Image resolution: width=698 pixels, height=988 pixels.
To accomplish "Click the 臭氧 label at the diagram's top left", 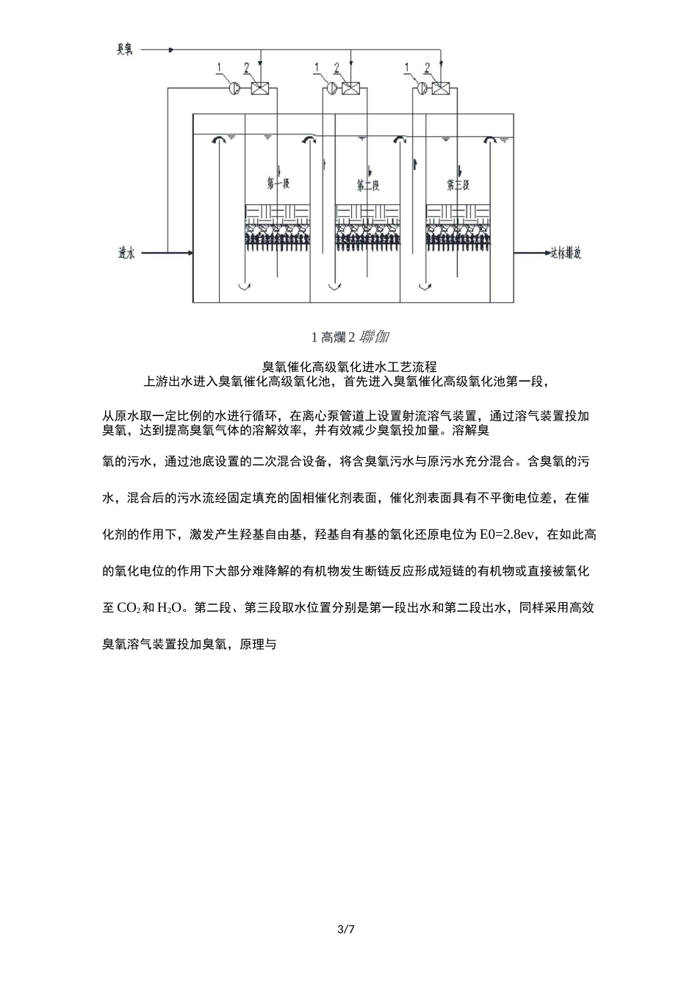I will [x=124, y=50].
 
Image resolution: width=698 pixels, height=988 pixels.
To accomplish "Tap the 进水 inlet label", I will [x=126, y=253].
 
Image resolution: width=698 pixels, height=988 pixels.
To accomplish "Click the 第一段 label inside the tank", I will [x=276, y=183].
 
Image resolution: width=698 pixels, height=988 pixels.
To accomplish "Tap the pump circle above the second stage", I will [x=333, y=88].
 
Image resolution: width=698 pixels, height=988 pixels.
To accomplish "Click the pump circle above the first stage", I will [x=234, y=88].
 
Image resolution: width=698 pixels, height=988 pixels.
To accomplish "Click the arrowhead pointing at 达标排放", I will [x=543, y=253].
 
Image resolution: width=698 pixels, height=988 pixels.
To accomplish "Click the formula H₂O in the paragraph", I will [x=170, y=609].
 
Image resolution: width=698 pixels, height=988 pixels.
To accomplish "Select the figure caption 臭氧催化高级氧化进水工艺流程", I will [x=349, y=366].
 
